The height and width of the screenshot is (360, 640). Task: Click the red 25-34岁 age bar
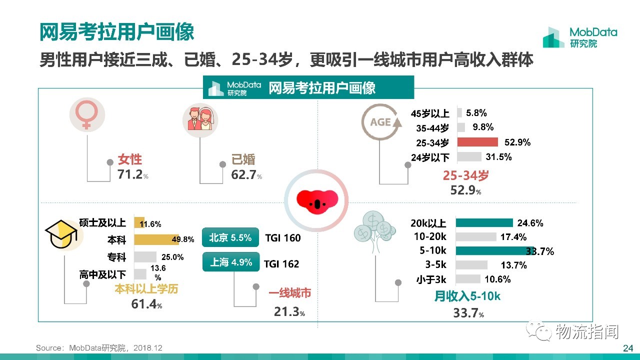click(x=477, y=142)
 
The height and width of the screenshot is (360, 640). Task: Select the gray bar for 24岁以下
click(x=469, y=157)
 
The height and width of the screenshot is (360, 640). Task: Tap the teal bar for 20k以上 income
click(x=484, y=223)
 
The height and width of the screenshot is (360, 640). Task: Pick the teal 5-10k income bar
click(x=494, y=250)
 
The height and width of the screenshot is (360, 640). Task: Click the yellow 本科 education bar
click(x=156, y=239)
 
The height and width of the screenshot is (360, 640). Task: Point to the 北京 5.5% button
click(x=230, y=237)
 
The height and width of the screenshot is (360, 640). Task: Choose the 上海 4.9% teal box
click(x=231, y=262)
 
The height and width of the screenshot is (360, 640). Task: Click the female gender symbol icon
click(x=87, y=114)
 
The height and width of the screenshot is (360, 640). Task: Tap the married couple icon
click(x=200, y=119)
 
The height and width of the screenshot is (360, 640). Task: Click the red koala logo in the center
click(x=317, y=201)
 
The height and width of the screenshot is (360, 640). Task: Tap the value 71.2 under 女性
click(x=130, y=174)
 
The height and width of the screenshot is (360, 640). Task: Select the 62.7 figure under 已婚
click(x=243, y=175)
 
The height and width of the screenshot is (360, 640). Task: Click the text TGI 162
click(x=281, y=264)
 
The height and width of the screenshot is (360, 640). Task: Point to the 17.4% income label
click(x=513, y=237)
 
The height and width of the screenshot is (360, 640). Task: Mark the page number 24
click(x=628, y=348)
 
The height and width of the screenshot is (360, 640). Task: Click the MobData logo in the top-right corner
click(x=580, y=37)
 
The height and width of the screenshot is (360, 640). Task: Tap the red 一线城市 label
click(x=289, y=293)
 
